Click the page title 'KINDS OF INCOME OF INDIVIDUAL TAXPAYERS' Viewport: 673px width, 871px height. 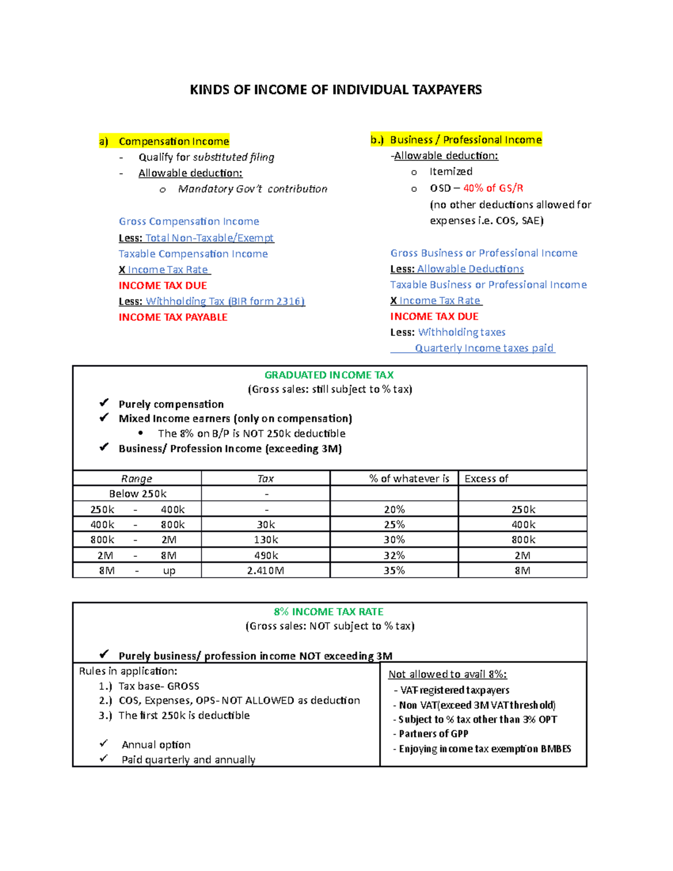[x=335, y=90]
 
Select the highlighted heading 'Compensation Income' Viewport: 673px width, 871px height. [x=173, y=141]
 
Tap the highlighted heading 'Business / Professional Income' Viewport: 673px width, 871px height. [x=465, y=140]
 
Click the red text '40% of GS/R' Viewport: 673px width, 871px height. [x=493, y=188]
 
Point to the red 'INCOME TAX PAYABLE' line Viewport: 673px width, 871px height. [x=173, y=317]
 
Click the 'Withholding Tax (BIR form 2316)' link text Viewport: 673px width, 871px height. [x=225, y=301]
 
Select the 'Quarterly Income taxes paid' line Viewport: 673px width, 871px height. [x=484, y=348]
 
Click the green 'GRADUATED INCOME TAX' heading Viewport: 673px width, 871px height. [x=329, y=375]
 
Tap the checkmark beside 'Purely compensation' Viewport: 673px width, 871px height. [x=104, y=403]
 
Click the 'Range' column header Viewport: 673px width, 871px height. [x=137, y=478]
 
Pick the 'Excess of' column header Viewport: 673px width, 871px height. [x=486, y=478]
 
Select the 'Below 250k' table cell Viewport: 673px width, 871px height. [x=137, y=494]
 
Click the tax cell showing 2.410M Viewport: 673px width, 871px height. [x=265, y=570]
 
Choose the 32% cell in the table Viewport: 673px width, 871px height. [x=394, y=555]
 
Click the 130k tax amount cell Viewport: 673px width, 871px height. [x=265, y=540]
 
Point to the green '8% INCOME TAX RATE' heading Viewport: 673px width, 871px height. [x=329, y=612]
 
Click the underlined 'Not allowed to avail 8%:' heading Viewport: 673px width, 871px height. [x=448, y=674]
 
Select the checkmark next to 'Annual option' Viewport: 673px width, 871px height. [x=104, y=744]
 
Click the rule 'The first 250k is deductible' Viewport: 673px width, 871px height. [x=184, y=715]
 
